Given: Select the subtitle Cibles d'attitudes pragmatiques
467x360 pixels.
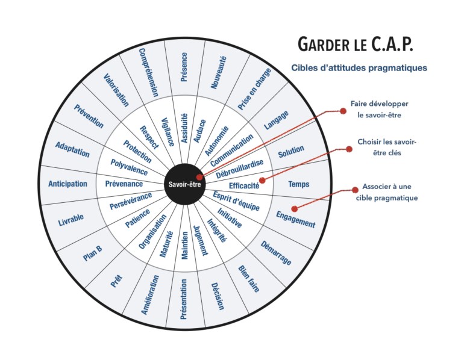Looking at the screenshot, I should tap(359, 68).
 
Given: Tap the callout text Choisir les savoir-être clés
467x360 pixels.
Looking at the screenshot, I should tap(387, 148).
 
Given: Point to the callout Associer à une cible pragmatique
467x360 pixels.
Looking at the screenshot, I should tap(390, 193).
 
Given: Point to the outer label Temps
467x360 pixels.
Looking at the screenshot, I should tap(299, 184).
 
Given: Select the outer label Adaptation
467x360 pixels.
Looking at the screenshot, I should tap(72, 149).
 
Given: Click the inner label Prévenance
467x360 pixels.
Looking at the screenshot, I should tap(124, 184).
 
